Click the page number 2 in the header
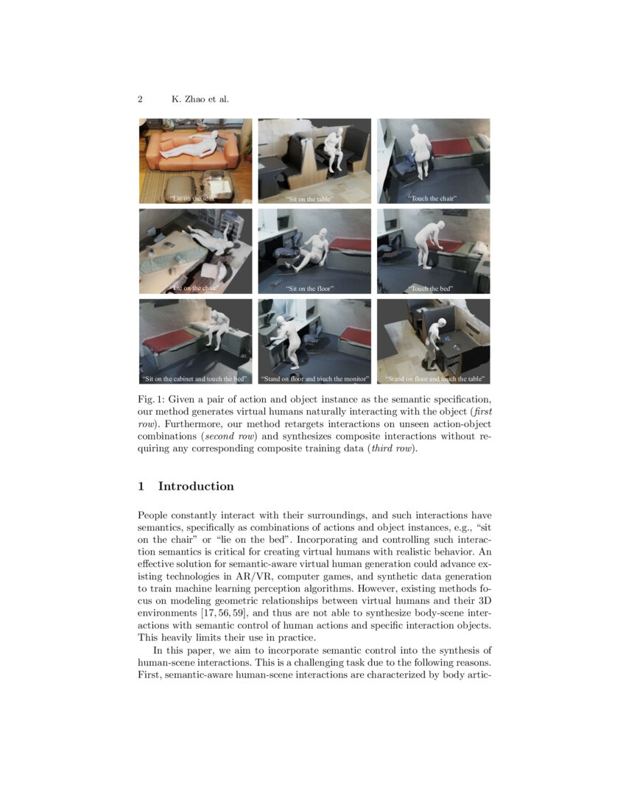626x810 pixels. click(x=140, y=99)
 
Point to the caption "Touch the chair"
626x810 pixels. click(x=433, y=199)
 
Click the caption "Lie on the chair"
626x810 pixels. click(x=195, y=289)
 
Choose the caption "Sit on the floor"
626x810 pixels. click(x=314, y=289)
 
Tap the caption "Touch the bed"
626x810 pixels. click(x=433, y=289)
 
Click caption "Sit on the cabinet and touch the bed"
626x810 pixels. click(x=195, y=379)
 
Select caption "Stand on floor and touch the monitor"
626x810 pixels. click(x=314, y=379)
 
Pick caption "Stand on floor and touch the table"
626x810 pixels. click(x=434, y=379)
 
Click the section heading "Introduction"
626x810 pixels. click(x=196, y=486)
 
